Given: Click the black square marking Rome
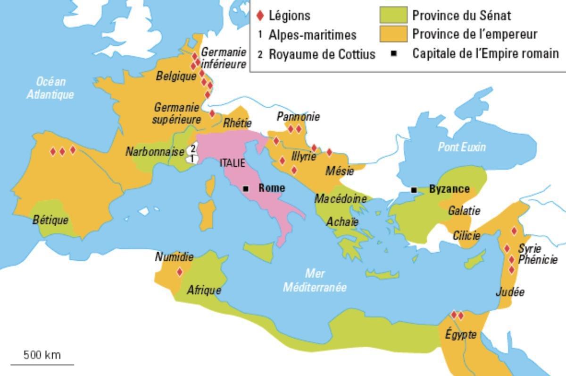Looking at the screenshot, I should [245, 188].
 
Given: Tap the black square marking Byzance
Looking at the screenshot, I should [414, 190].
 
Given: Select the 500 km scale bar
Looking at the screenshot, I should [42, 364].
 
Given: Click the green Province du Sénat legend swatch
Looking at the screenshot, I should [393, 15].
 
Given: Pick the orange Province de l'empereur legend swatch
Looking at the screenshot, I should [393, 34].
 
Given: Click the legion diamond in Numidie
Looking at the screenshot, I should [179, 272].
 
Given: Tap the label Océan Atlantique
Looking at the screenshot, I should [50, 88].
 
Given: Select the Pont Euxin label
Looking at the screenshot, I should [461, 147].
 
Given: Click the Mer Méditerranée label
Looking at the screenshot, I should [315, 280].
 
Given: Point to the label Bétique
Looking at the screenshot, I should [50, 220].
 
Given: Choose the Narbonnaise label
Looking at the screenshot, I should [154, 152].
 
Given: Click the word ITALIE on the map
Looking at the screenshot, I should [233, 163].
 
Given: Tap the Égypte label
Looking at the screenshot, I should [460, 334].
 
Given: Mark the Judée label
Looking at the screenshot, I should [510, 292].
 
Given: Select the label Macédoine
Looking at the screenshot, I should [340, 199].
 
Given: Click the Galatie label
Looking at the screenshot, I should [464, 211].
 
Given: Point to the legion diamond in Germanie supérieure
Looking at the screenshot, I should [212, 113].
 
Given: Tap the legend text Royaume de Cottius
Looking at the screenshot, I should [322, 54].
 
